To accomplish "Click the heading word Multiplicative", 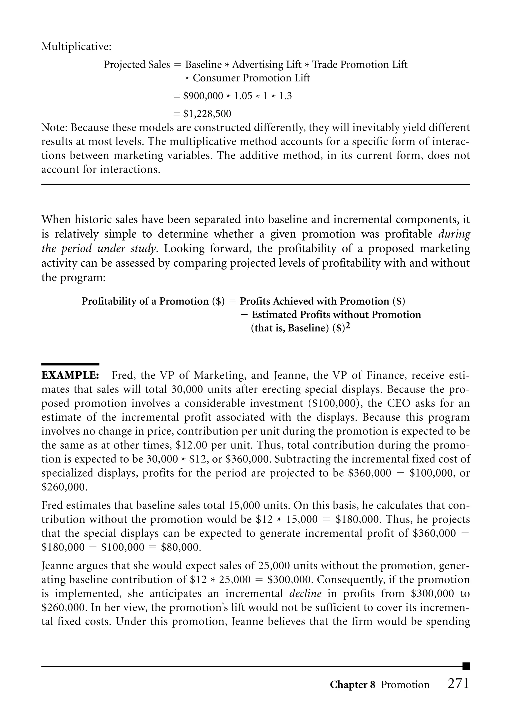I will click(x=76, y=47).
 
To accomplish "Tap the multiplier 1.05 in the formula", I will click(x=243, y=96).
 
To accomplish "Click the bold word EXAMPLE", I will click(x=70, y=375).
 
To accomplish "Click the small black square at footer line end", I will click(x=466, y=666).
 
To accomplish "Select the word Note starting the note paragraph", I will click(x=54, y=128).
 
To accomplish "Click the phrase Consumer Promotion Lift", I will click(x=251, y=78).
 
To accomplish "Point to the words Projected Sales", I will click(x=137, y=64).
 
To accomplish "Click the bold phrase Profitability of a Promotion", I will click(x=145, y=301).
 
